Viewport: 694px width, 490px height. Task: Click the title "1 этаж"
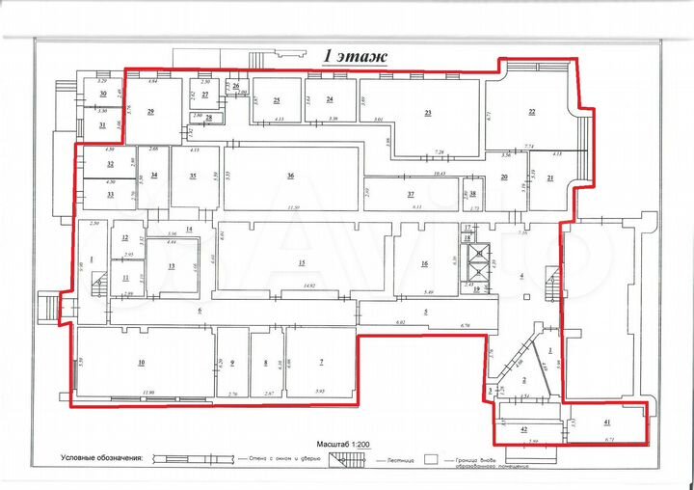[x=356, y=57]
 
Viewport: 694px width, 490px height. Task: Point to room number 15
[x=301, y=262]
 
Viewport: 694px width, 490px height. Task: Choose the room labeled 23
[x=427, y=113]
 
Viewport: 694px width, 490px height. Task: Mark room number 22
[x=531, y=112]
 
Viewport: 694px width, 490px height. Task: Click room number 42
[x=525, y=428]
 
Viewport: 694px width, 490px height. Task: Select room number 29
[x=150, y=112]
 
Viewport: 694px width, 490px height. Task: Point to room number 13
[x=171, y=265]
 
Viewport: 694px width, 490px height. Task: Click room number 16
[x=423, y=262]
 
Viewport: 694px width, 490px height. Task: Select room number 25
[x=276, y=99]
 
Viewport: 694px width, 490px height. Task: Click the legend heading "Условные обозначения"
[x=100, y=458]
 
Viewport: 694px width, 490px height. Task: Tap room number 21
[x=549, y=178]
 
